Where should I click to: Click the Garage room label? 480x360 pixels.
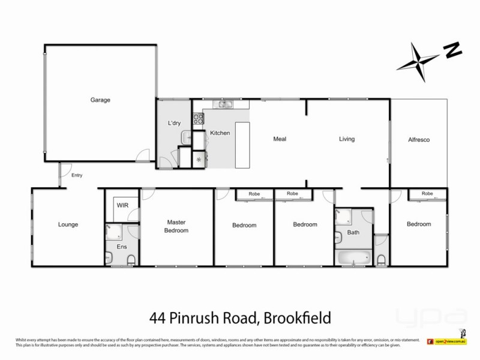click(x=100, y=100)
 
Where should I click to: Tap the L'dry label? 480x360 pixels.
click(x=174, y=123)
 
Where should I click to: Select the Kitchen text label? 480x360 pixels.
click(x=220, y=133)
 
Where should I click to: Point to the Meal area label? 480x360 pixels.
click(x=280, y=139)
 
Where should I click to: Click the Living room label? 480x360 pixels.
click(x=347, y=139)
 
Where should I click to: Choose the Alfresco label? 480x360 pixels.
click(x=419, y=139)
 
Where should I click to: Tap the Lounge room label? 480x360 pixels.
click(x=68, y=225)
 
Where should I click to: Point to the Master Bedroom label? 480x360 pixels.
click(x=178, y=226)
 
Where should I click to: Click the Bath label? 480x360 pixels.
click(x=353, y=232)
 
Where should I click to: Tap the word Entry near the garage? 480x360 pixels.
click(x=76, y=176)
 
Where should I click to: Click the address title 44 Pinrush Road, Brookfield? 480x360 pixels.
click(x=239, y=317)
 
